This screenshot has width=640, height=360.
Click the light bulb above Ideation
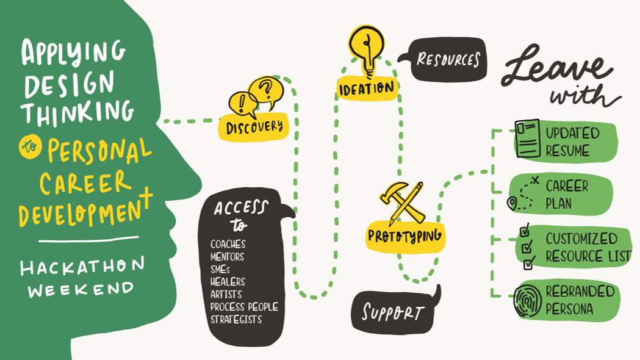coord(366,46)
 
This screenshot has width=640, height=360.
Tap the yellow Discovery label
coord(254,127)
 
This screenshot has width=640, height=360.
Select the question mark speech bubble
coord(267,90)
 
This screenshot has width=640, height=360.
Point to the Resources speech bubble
coord(448,60)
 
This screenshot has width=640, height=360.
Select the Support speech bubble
coord(393,312)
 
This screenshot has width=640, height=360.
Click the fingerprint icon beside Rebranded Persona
coord(527,301)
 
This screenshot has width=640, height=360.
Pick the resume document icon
coord(527,139)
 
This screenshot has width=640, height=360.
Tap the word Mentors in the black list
coord(227,256)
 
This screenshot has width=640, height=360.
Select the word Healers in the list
coord(228,281)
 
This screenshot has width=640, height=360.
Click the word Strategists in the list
coord(236,319)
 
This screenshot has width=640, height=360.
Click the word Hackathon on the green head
coord(82,266)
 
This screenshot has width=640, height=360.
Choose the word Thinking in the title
coord(77,112)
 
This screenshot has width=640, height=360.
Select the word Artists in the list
coord(226,294)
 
